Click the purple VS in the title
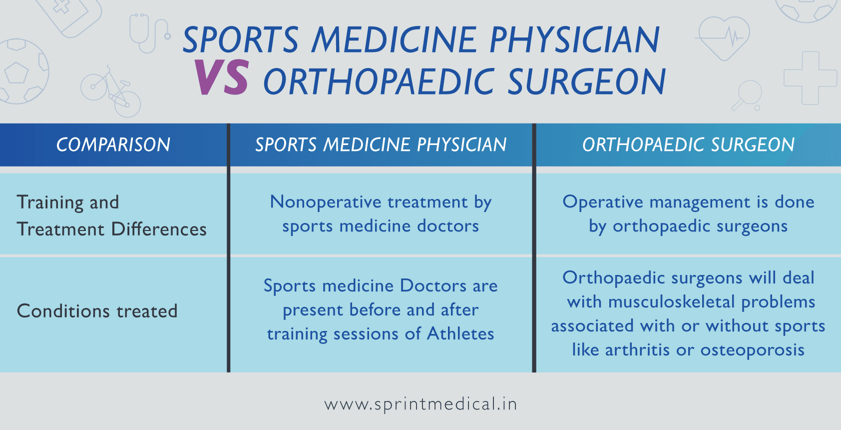(221, 78)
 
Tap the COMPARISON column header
(113, 145)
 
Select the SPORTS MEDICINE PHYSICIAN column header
(381, 145)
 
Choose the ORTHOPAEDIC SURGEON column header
(688, 145)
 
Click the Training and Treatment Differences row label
(111, 215)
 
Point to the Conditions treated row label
(97, 311)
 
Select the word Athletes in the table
(460, 333)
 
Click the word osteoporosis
(752, 350)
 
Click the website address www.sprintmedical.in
(420, 404)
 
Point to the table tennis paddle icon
(748, 95)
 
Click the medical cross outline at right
(810, 78)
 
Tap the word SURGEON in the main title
(587, 82)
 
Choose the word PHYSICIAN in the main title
(575, 39)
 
